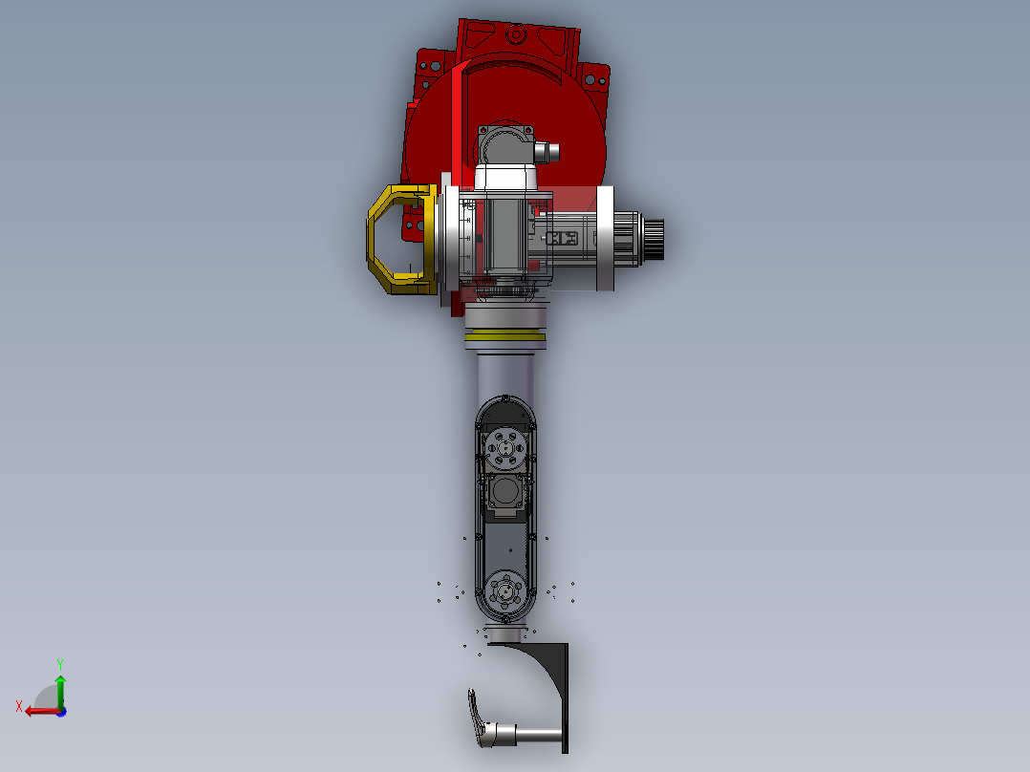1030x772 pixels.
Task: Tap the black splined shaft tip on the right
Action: point(654,237)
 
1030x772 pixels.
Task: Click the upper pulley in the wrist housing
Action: point(504,445)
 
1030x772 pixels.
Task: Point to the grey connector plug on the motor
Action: point(547,151)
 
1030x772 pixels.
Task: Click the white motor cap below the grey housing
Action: point(506,177)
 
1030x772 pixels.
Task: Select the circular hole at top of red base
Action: point(516,35)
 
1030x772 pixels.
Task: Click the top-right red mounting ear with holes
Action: point(594,77)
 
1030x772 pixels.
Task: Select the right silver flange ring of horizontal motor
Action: point(605,239)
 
